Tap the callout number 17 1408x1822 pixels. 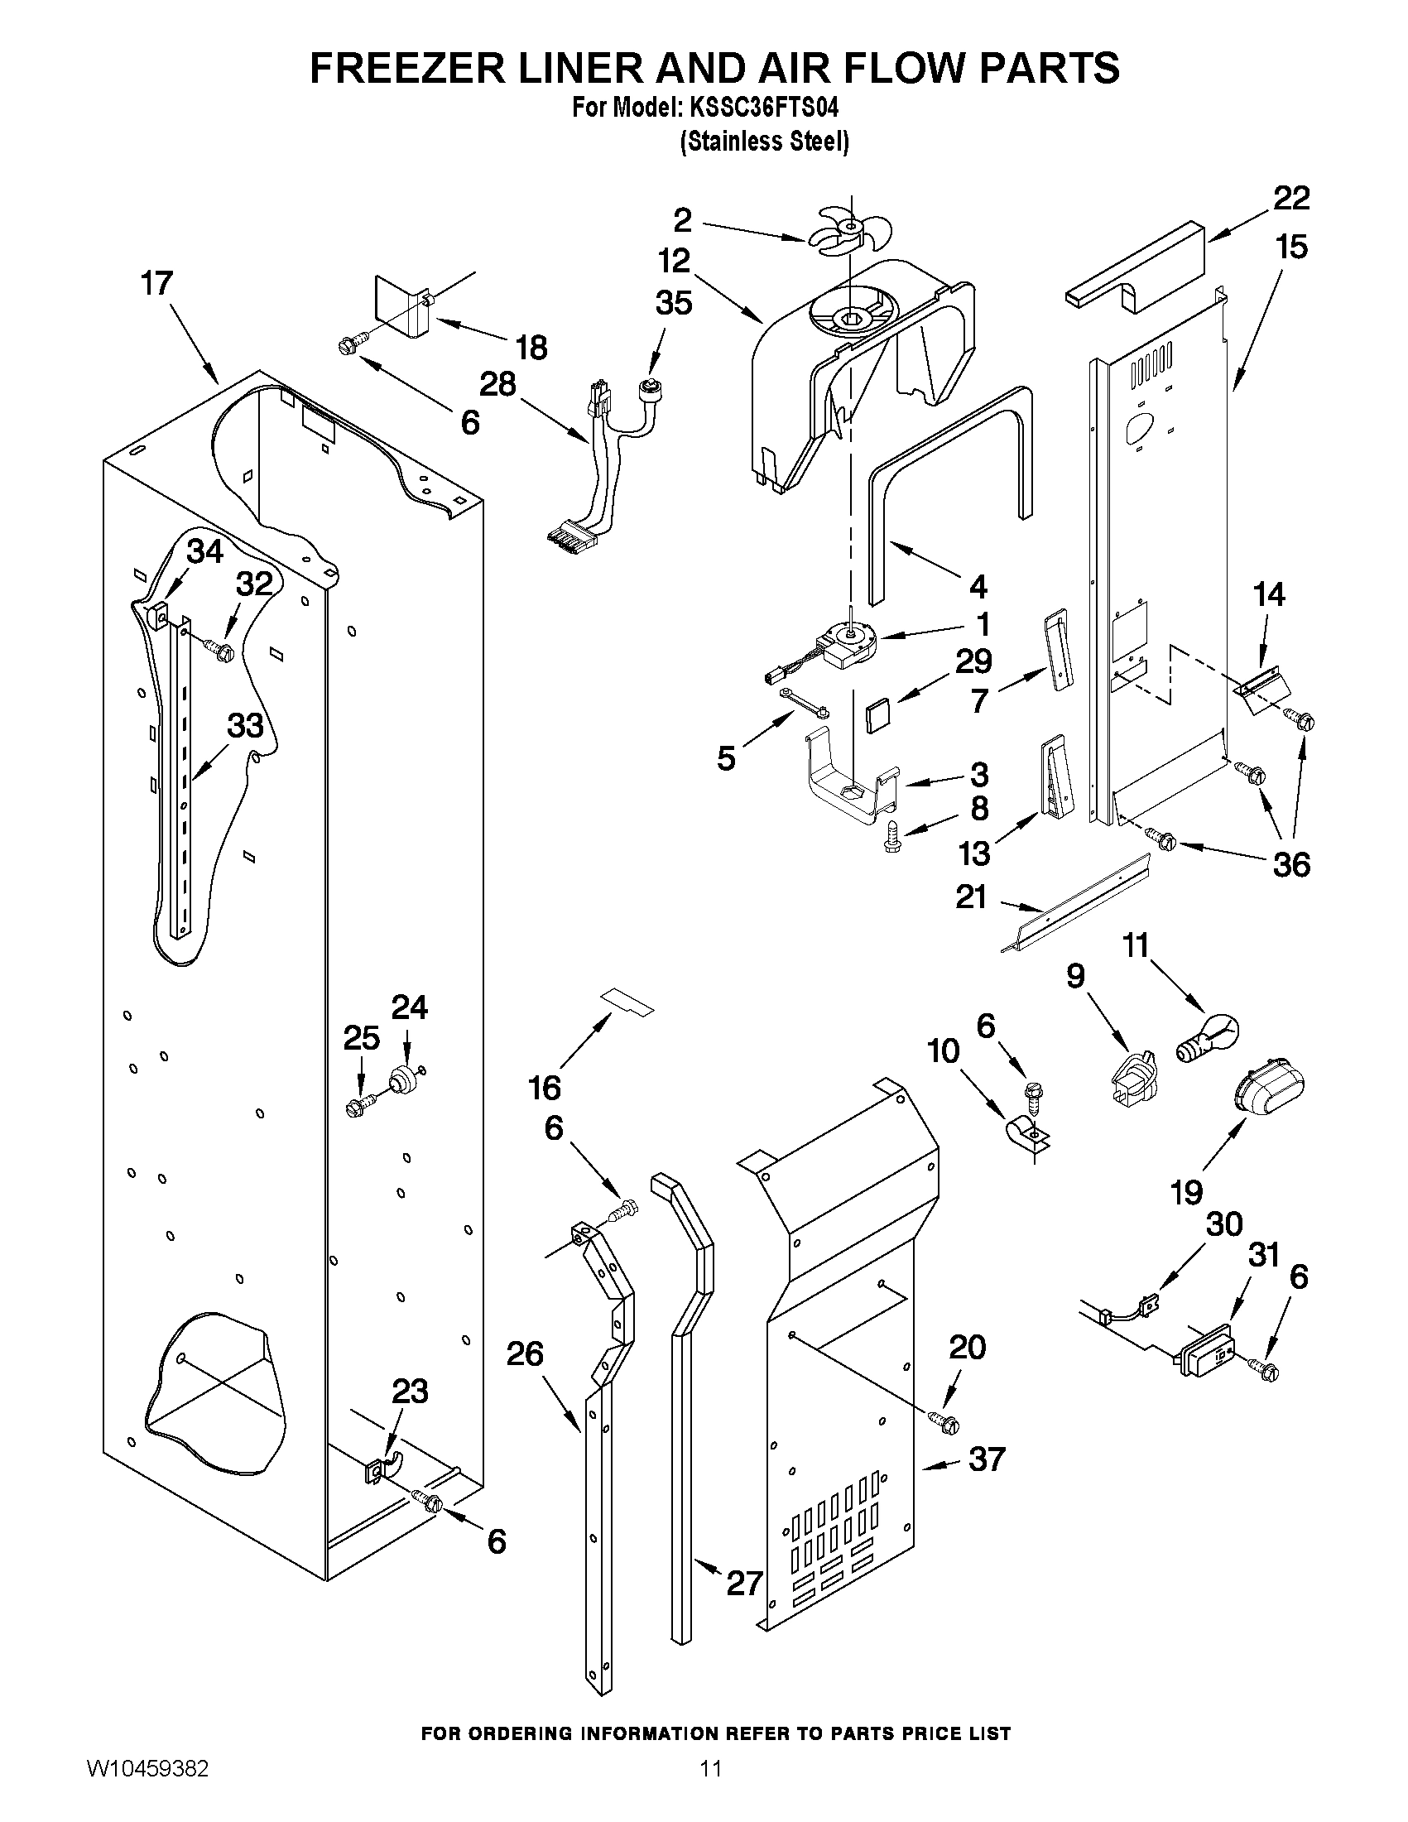click(156, 284)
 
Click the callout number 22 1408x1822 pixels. click(1291, 199)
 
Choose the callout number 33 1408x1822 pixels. click(245, 726)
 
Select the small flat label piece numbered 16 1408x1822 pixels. click(627, 1001)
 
